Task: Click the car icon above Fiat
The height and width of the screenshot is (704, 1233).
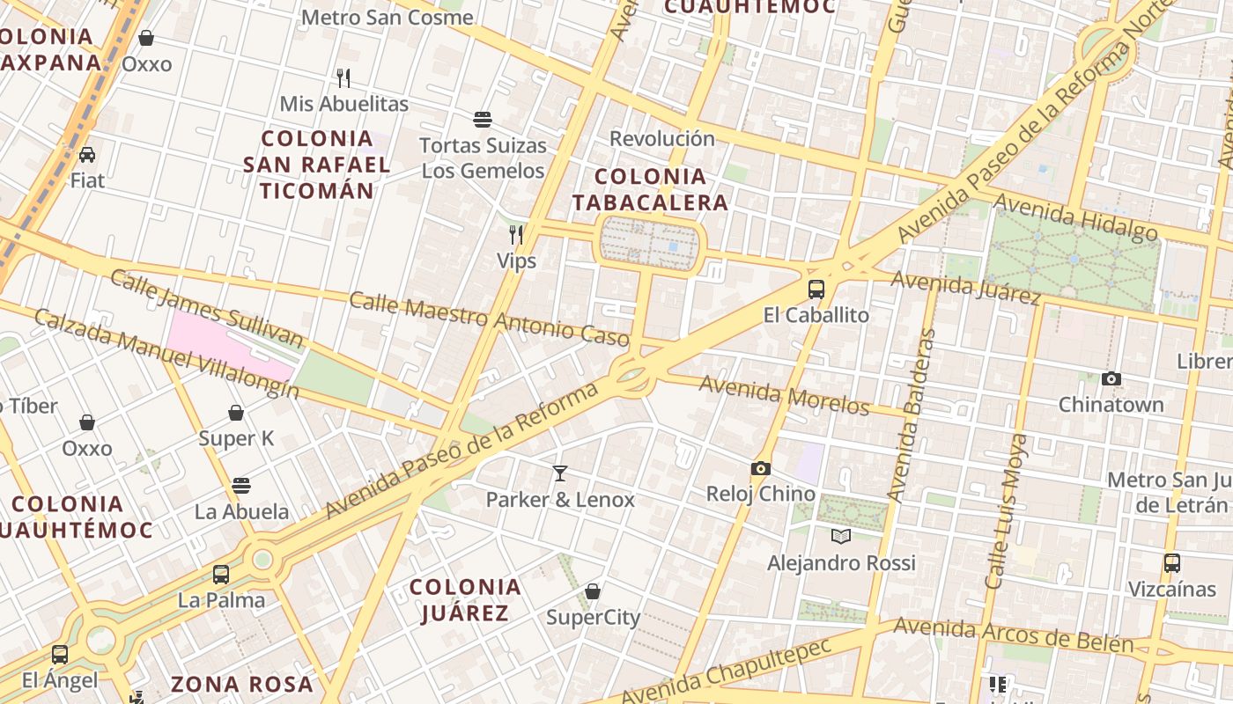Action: [87, 155]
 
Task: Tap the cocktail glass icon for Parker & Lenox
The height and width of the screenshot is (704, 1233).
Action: [560, 473]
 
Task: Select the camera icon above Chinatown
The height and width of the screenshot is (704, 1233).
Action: [1111, 378]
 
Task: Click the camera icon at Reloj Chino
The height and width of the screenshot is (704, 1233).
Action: [761, 468]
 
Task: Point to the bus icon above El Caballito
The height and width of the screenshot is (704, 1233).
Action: [816, 289]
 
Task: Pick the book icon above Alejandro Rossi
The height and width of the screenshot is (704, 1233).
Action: [841, 536]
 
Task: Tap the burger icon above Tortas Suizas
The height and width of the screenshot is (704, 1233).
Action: [482, 119]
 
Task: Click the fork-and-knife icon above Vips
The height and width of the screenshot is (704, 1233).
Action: [516, 234]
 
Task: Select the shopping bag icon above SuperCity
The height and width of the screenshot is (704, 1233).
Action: [593, 590]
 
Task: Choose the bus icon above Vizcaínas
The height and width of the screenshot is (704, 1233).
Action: [1171, 563]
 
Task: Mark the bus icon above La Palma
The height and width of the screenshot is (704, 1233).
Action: [221, 575]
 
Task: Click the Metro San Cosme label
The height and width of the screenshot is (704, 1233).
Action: [388, 18]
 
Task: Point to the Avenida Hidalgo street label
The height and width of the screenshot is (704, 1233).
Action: [1075, 216]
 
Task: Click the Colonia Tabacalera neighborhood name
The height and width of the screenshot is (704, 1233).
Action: [650, 189]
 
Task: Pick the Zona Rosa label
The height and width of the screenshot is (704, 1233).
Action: [242, 684]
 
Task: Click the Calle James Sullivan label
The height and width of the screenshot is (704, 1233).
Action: [206, 309]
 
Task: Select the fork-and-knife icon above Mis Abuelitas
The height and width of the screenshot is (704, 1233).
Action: [343, 78]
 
